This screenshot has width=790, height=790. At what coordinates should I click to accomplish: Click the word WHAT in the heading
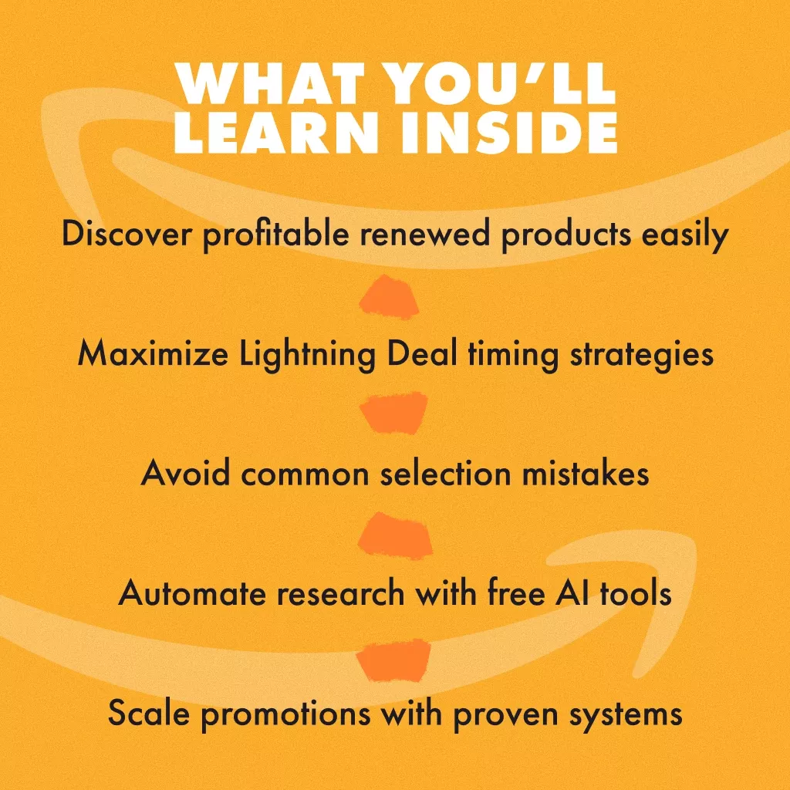click(270, 83)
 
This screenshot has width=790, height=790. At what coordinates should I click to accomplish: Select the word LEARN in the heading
click(276, 132)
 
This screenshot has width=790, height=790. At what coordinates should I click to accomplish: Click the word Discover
click(127, 234)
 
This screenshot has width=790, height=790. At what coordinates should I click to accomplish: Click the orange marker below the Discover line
click(389, 297)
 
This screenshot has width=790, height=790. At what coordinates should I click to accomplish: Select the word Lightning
click(307, 355)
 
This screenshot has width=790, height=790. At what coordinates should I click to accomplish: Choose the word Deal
click(422, 353)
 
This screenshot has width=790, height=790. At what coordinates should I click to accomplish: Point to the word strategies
click(641, 355)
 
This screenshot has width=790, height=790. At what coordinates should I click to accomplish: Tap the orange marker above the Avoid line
click(393, 413)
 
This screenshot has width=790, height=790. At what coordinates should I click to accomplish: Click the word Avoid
click(185, 473)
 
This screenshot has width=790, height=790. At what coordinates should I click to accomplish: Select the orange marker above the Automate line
click(395, 535)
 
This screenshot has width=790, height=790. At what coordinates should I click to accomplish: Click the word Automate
click(192, 592)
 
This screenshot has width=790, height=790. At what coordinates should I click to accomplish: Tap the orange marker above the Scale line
click(393, 660)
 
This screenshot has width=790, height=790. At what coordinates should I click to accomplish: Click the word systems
click(626, 715)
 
